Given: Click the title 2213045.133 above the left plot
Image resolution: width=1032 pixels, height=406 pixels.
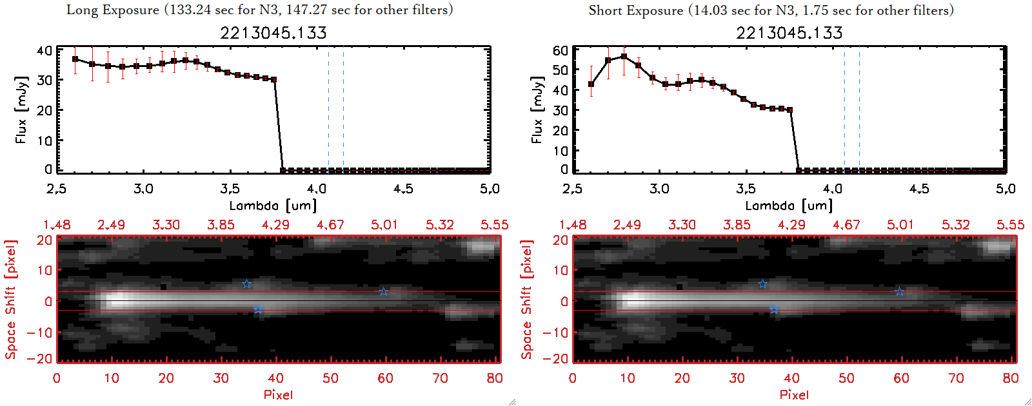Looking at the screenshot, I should [x=273, y=33].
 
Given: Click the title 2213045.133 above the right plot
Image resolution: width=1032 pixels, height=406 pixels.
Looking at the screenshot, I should [x=789, y=33].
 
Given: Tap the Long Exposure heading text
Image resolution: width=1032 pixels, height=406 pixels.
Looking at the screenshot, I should [x=259, y=10].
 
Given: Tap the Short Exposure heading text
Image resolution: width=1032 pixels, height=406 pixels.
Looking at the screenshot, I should [x=771, y=10].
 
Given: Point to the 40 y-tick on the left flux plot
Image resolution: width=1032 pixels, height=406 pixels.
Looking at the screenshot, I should [x=45, y=50].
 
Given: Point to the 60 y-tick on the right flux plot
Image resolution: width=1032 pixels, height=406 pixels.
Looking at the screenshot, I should [x=561, y=50].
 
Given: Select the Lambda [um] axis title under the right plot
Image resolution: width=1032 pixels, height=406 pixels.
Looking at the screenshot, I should [x=789, y=206].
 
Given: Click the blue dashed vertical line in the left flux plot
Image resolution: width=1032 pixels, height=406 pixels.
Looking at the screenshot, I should [x=343, y=110].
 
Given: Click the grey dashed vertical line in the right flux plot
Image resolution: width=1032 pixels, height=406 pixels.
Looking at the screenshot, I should [x=844, y=110].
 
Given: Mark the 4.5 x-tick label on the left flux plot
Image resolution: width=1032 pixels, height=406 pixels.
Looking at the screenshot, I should [x=403, y=189].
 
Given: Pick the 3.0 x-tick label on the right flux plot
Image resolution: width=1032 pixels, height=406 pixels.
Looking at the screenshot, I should [x=659, y=189].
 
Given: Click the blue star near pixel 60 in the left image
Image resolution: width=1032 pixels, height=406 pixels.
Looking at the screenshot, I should [x=383, y=292].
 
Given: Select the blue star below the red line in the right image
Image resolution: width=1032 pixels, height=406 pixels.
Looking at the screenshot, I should [x=774, y=310].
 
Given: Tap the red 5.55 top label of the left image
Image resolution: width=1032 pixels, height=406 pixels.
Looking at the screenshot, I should [x=494, y=225].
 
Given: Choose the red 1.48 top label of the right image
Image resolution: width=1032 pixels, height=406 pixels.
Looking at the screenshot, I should [x=573, y=225].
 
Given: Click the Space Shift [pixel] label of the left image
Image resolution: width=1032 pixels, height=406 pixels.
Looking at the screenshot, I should [x=10, y=300].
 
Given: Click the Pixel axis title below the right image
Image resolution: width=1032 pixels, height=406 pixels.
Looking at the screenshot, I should [x=794, y=394].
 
